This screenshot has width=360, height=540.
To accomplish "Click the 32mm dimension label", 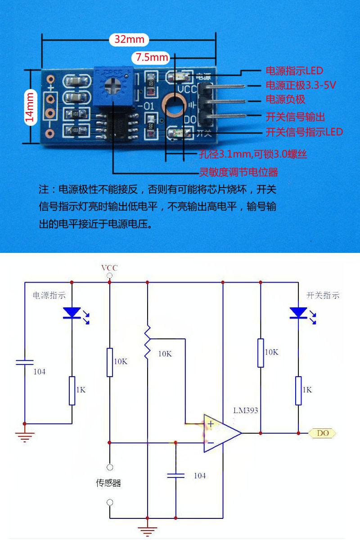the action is click(x=129, y=39).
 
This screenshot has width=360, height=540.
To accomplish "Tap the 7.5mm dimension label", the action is click(x=152, y=58).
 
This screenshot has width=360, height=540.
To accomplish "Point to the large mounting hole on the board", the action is click(x=174, y=107).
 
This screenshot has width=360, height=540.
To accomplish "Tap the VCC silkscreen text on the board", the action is click(x=187, y=90).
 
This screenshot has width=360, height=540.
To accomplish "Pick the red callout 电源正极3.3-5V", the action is click(x=301, y=85).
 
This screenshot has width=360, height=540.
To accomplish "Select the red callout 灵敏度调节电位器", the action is click(x=238, y=172).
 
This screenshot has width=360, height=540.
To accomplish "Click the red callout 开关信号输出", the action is click(x=295, y=117).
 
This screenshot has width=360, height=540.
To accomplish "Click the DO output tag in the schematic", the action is click(x=322, y=433).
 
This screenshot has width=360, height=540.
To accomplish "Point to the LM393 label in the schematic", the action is click(x=245, y=410).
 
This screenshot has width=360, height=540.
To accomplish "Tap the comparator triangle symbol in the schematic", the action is click(x=222, y=433).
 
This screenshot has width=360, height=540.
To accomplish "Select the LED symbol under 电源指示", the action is click(x=72, y=313).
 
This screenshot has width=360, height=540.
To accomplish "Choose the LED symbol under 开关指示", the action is click(x=299, y=313).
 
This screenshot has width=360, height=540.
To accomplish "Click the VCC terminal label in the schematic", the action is click(x=109, y=268).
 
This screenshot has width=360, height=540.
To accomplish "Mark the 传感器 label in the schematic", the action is click(x=108, y=483).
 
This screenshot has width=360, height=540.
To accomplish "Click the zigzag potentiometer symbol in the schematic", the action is click(x=147, y=342).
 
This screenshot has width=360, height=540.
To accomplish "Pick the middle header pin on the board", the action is click(x=221, y=101).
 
